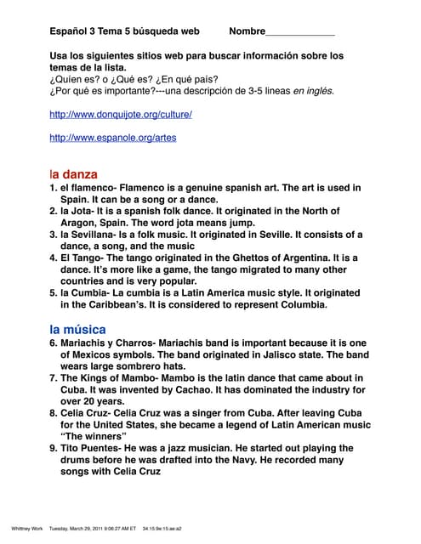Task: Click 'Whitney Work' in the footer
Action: click(26, 527)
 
